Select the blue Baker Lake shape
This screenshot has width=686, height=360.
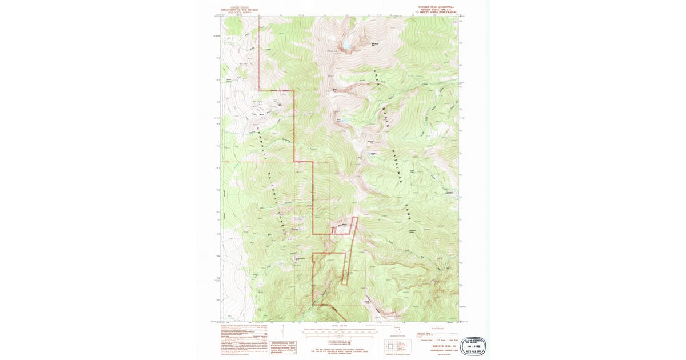pos(340,121)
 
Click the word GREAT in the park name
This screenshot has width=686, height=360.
pos(376,81)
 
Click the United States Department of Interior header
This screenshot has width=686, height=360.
pos(236,10)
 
